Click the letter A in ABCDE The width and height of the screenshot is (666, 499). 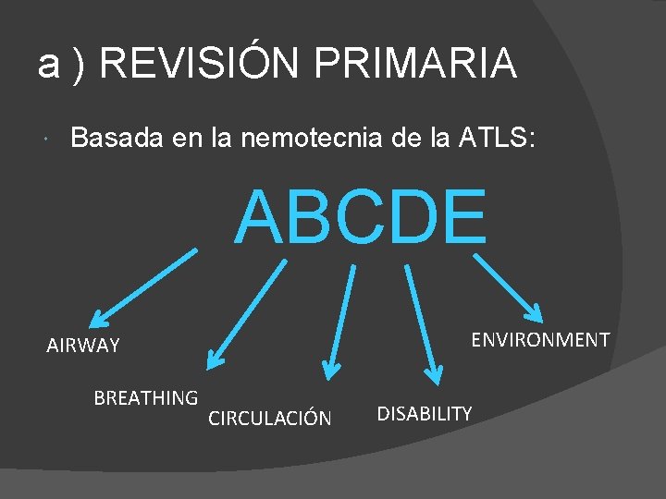tap(261, 218)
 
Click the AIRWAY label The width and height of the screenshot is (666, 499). tap(83, 347)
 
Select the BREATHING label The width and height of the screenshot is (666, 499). tap(146, 398)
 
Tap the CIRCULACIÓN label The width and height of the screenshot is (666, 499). tap(269, 419)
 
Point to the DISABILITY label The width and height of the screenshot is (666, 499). tap(425, 413)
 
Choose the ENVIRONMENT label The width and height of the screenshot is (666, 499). tap(540, 340)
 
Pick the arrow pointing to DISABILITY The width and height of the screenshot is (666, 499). tap(420, 323)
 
